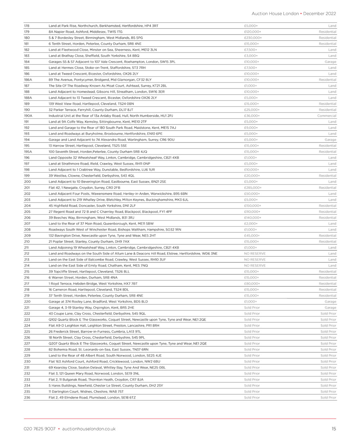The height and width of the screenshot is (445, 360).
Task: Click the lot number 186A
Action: (x=28, y=80)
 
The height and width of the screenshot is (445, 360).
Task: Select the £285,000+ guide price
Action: (x=253, y=187)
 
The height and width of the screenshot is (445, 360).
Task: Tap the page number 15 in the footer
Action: (x=334, y=428)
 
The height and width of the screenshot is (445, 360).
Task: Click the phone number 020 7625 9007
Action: (x=40, y=428)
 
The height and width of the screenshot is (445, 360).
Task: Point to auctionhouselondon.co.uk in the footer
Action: (x=89, y=428)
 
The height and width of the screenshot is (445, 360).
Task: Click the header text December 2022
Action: (x=320, y=14)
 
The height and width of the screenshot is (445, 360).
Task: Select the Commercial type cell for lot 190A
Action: (x=327, y=115)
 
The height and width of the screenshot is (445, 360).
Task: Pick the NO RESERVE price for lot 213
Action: (x=255, y=259)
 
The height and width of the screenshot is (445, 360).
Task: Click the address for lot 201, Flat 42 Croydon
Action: (x=84, y=187)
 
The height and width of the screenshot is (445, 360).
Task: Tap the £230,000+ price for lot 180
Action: (x=253, y=38)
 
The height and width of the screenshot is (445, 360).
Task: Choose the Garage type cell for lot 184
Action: (x=330, y=62)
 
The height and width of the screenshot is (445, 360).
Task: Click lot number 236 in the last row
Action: (x=27, y=398)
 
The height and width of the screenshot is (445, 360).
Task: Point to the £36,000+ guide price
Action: (x=252, y=115)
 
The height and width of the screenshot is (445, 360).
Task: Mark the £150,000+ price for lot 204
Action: (x=253, y=205)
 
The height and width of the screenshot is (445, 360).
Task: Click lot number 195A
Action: (x=28, y=151)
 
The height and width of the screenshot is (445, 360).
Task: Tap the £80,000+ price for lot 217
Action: (x=252, y=283)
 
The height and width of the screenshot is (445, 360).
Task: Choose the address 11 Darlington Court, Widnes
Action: (x=86, y=391)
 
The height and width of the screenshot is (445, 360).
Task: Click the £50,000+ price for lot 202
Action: (x=252, y=194)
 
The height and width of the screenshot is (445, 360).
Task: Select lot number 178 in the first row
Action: (x=27, y=26)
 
